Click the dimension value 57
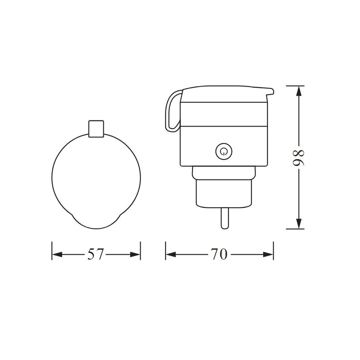coord(96,254)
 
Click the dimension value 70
coord(219,254)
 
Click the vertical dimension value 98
coord(298,157)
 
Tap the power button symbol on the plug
coord(224,151)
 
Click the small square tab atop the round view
coord(96,128)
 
